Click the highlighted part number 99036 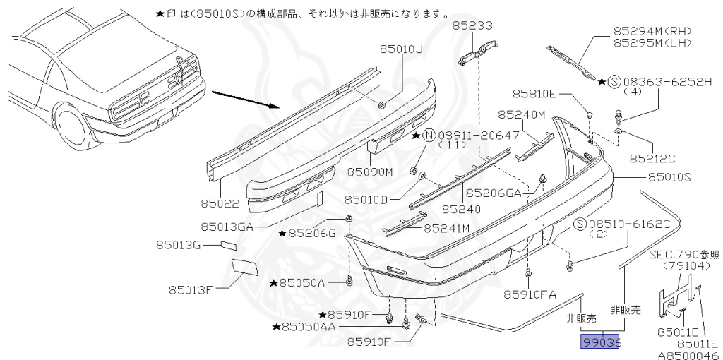(x=600, y=342)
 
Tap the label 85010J (x=400, y=49)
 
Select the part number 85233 (x=472, y=25)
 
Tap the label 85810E (x=534, y=93)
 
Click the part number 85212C (x=652, y=159)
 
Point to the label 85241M (x=446, y=228)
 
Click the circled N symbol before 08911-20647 (x=429, y=135)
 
